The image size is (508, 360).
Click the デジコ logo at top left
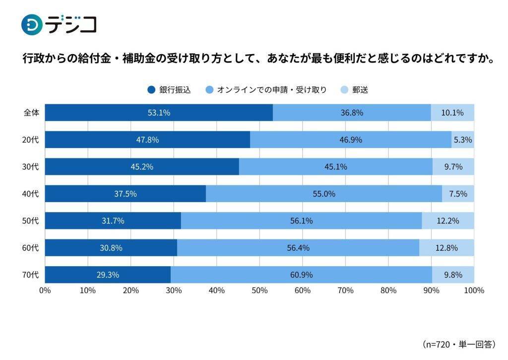tap(59, 24)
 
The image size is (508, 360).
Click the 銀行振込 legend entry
tap(169, 90)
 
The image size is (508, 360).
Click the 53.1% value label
tap(159, 113)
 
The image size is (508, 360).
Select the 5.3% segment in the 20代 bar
tap(462, 140)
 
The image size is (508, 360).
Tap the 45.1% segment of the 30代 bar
tap(335, 167)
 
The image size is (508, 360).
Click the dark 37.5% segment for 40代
tap(125, 194)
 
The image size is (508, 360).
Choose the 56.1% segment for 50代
tap(301, 221)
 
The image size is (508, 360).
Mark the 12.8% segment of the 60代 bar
tap(446, 248)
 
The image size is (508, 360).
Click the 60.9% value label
tap(301, 275)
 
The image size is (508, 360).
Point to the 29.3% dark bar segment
tap(108, 275)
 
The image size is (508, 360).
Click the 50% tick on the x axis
tap(259, 290)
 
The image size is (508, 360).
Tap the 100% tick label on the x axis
tap(473, 290)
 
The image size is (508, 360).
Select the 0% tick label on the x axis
tap(45, 290)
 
